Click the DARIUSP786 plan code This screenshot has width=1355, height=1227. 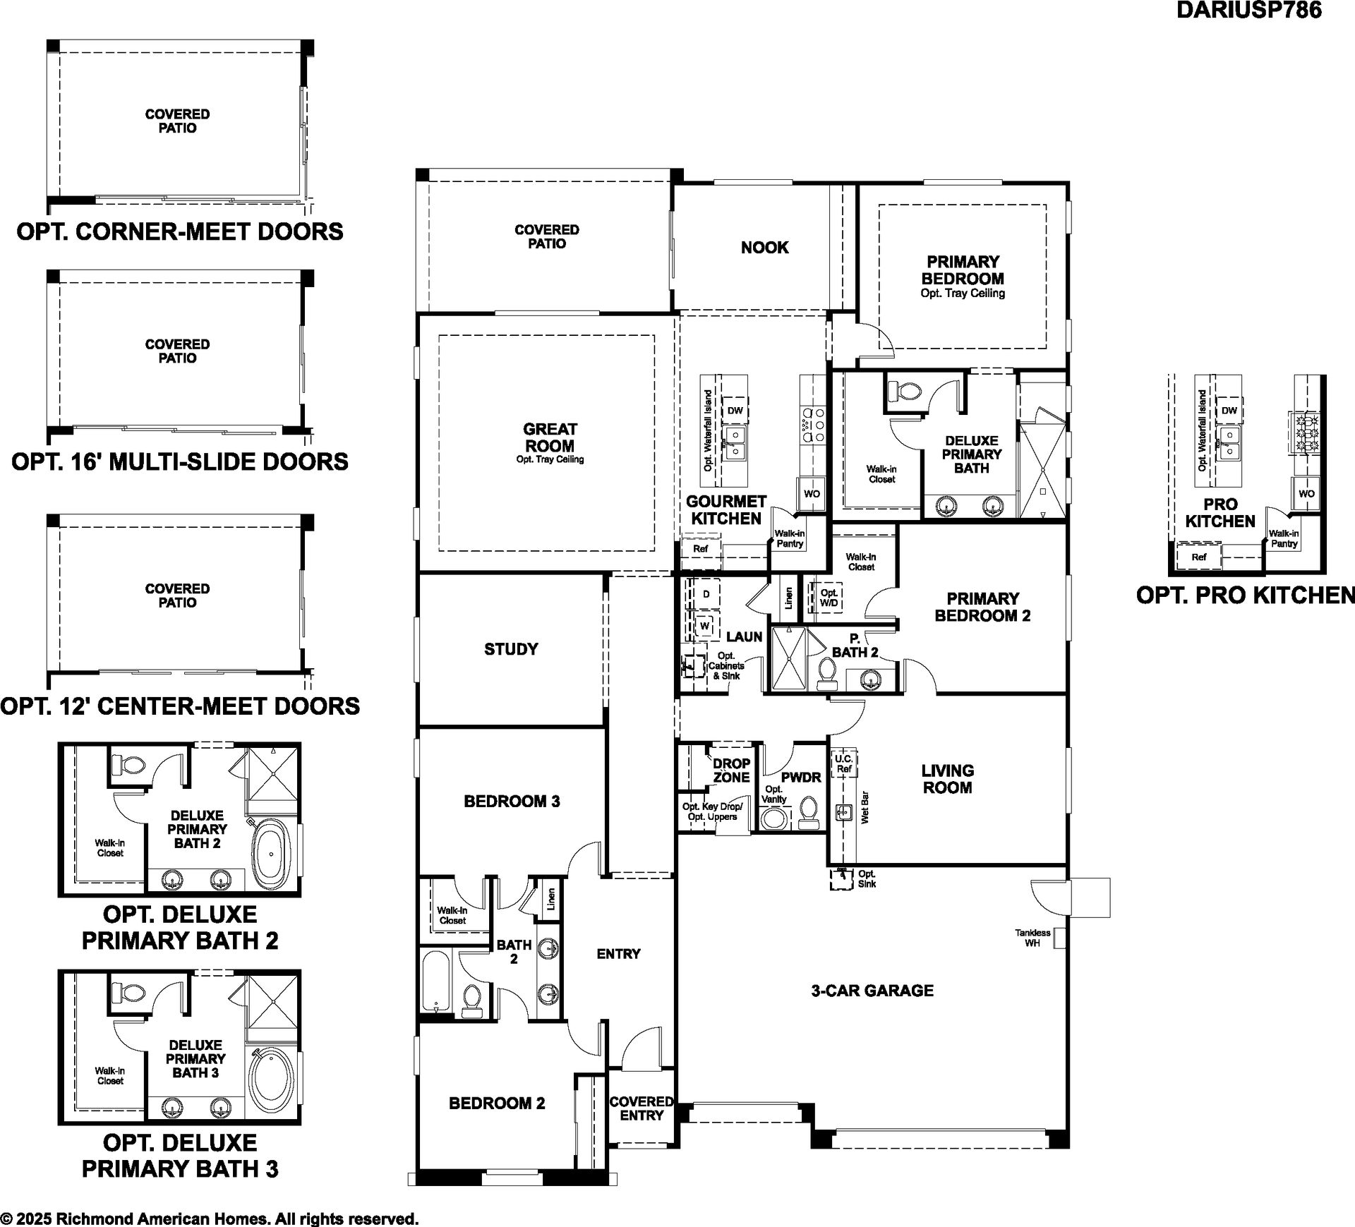[1248, 11]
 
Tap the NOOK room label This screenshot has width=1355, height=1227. [764, 248]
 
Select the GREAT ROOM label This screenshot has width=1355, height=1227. [550, 437]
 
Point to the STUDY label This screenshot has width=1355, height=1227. [511, 649]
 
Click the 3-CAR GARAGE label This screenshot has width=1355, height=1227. [872, 991]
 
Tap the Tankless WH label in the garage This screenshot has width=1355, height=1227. [1032, 938]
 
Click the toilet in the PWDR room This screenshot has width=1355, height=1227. [809, 814]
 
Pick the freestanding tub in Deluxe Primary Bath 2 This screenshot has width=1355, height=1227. [272, 854]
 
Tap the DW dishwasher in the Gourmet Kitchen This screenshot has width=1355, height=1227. [735, 411]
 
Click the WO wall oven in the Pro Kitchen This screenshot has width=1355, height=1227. [1306, 494]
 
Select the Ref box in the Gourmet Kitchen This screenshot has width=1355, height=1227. [700, 549]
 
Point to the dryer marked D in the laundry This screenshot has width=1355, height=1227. [706, 594]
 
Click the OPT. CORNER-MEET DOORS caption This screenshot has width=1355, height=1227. [180, 231]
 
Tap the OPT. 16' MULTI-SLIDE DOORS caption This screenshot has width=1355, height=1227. [180, 461]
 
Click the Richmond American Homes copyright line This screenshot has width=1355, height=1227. [210, 1219]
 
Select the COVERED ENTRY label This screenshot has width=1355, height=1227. [642, 1108]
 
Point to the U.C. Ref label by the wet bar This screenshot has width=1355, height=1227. [844, 763]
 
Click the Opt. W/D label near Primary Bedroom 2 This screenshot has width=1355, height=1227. [829, 598]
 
